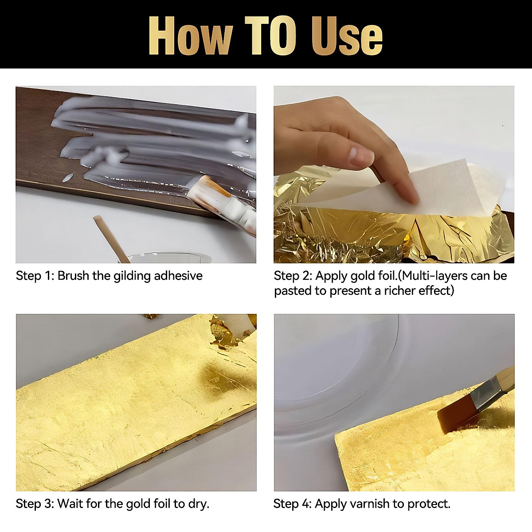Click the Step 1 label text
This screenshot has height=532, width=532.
pyautogui.click(x=35, y=276)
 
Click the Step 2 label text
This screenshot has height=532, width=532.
pyautogui.click(x=293, y=276)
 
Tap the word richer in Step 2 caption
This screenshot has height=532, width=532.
pyautogui.click(x=400, y=291)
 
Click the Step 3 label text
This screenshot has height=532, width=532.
pyautogui.click(x=35, y=504)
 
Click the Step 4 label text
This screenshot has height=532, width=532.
pyautogui.click(x=292, y=504)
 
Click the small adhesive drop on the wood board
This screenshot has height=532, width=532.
pyautogui.click(x=67, y=178)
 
